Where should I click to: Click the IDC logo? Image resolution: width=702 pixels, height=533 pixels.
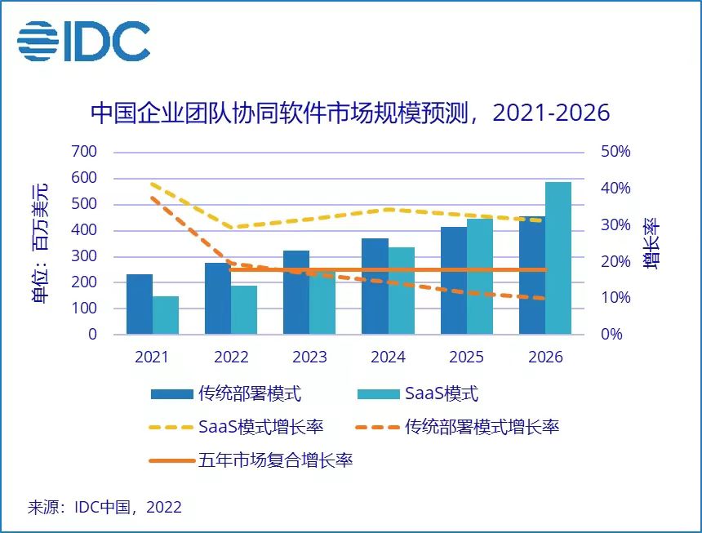click(84, 40)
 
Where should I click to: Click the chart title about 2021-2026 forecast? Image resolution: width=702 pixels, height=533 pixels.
click(350, 112)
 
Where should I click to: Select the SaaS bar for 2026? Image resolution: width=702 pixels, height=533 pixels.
click(558, 258)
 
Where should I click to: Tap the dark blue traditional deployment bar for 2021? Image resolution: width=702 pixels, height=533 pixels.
click(140, 304)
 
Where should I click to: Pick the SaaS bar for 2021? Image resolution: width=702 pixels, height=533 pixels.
click(166, 315)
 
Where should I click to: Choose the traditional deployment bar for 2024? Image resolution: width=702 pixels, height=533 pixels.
click(375, 286)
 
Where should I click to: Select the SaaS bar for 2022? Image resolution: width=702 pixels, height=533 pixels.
click(244, 309)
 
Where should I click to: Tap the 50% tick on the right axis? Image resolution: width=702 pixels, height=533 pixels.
click(616, 152)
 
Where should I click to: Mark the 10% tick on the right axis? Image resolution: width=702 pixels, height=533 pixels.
click(616, 298)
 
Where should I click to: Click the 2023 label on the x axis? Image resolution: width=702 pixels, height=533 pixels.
click(309, 358)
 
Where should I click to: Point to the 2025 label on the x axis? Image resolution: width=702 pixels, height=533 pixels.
click(467, 358)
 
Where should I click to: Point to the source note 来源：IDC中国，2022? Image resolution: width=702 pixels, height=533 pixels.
click(105, 507)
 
